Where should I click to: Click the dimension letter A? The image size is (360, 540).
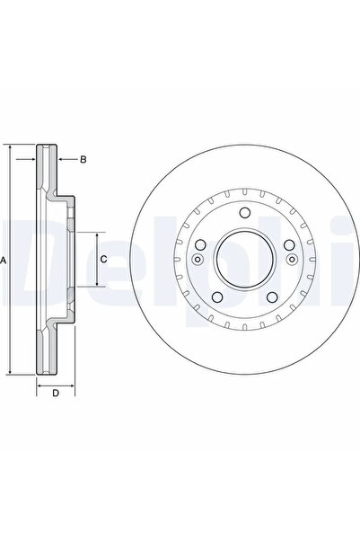click(4, 260)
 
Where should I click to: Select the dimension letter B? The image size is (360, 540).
click(83, 160)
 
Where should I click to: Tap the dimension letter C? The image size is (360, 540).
click(103, 259)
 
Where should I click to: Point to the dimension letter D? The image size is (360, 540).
click(55, 393)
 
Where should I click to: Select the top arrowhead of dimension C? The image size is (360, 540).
click(89, 233)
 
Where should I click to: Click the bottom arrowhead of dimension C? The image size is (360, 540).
click(89, 285)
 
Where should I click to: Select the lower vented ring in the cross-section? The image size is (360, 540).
click(46, 350)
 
